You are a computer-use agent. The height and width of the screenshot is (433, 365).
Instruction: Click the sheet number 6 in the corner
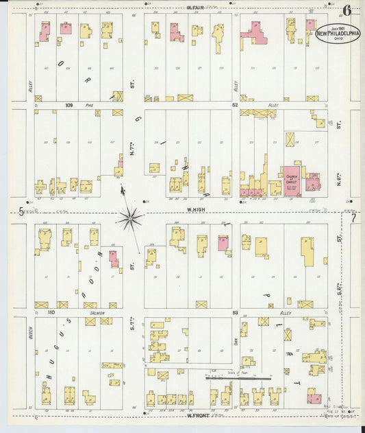(348, 10)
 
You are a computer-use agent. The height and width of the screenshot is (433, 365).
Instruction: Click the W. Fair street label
(196, 7)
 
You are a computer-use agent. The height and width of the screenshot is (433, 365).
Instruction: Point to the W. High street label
(196, 211)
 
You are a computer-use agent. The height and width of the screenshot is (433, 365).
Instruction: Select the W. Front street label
(196, 415)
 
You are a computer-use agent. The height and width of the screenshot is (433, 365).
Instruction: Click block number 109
(68, 106)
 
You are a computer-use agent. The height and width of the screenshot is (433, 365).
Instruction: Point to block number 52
(234, 106)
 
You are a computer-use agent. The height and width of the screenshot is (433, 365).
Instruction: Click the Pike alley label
(89, 106)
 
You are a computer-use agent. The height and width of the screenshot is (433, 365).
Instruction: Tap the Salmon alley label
(95, 312)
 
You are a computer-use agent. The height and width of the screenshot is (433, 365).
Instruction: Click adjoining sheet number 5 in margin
(21, 211)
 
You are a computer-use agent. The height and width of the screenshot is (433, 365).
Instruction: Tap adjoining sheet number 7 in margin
(353, 218)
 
